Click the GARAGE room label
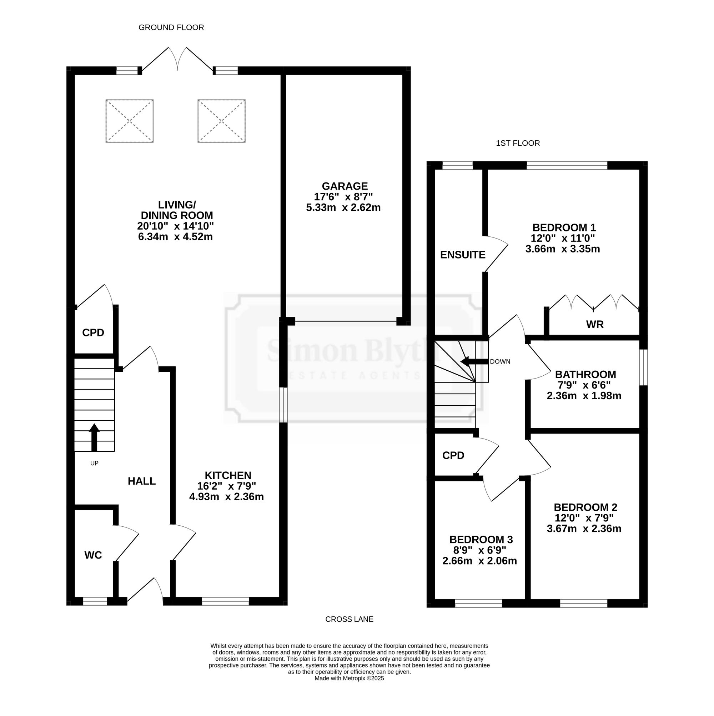pos(345,186)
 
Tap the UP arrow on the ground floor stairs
pos(95,437)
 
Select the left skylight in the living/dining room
pos(129,121)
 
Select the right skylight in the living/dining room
pos(222,121)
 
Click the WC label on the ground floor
pos(93,555)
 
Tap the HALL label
pos(141,481)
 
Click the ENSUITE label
pos(463,255)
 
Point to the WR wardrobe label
pos(595,324)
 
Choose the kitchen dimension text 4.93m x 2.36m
pos(226,497)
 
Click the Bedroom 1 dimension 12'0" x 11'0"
pos(563,238)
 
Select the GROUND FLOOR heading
pos(171,27)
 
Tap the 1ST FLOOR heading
pos(518,143)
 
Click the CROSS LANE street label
pos(350,619)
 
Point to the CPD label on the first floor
pos(453,455)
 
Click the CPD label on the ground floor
pos(93,333)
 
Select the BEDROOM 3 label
pos(481,539)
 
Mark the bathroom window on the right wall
pos(644,367)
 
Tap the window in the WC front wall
pos(95,601)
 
